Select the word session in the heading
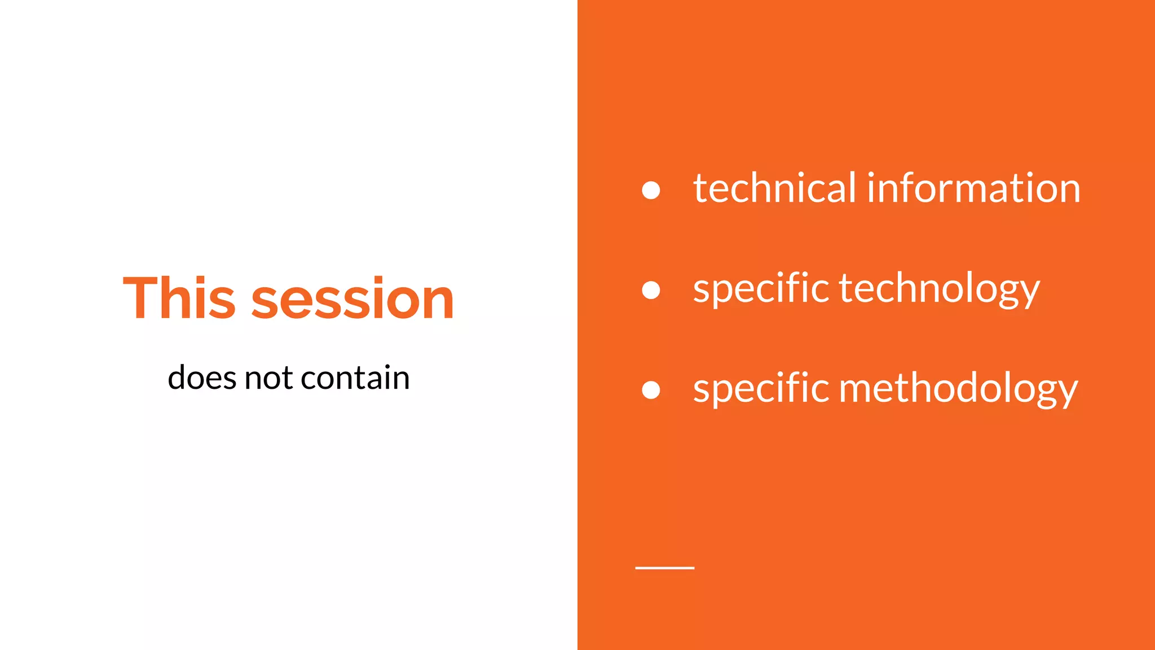tap(352, 299)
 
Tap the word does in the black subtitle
tap(201, 377)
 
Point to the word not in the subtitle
tap(268, 378)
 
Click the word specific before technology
tap(760, 289)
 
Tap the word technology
tap(940, 289)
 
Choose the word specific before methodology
tap(760, 389)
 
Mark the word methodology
tap(958, 389)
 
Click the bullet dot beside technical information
tap(651, 190)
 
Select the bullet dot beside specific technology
tap(651, 290)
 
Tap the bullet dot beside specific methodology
tap(651, 390)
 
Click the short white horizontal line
tap(664, 568)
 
